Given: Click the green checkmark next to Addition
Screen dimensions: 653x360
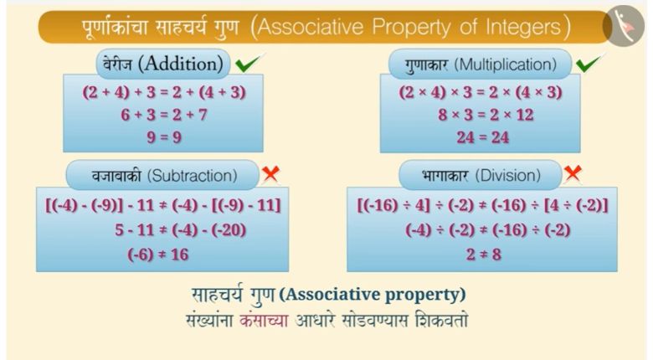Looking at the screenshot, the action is point(249,63).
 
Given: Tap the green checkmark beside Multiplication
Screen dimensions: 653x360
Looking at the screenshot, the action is point(590,63).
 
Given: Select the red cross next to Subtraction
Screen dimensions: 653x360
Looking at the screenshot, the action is point(270,174).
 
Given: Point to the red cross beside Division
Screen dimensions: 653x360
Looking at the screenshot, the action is point(573,173).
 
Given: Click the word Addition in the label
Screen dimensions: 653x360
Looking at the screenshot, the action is point(181,64).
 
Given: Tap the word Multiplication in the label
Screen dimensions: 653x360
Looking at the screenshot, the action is point(505,64).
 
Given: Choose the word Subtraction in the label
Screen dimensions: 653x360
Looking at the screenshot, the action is point(193,176).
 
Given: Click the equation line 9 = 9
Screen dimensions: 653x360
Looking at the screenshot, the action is point(164,137).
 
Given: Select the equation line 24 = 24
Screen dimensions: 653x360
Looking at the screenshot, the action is point(483,137).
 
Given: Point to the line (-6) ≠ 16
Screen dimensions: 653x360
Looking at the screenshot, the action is point(158,255).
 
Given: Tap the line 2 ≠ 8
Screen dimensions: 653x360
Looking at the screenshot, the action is point(484,255).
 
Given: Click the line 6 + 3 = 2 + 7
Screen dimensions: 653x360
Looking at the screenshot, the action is point(164,115).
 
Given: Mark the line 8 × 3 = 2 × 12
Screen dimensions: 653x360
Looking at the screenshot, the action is point(486,115).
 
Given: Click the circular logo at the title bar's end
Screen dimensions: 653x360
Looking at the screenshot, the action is point(624,26).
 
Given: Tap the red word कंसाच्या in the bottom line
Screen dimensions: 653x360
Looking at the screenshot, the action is point(264,321).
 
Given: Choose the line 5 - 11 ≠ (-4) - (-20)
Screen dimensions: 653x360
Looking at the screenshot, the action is point(180,230).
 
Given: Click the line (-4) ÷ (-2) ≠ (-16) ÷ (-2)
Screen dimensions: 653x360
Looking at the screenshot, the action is point(488,230).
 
